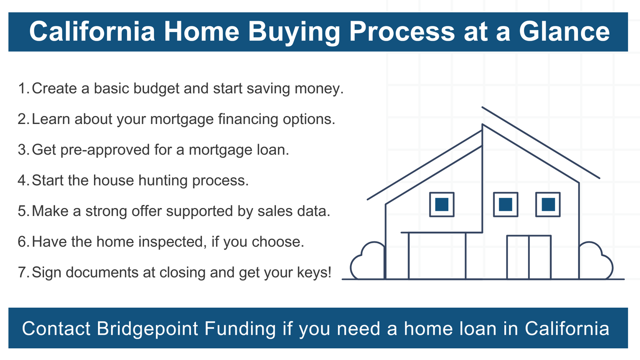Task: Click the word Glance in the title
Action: (564, 32)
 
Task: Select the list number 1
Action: (23, 88)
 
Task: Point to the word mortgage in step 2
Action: (182, 120)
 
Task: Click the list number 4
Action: (23, 180)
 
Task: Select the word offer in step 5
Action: (146, 211)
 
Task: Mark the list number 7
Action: (23, 272)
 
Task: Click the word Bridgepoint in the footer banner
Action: (147, 329)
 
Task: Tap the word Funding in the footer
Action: (240, 329)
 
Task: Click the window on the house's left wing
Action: (442, 204)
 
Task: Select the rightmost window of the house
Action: (548, 204)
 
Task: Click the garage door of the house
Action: (437, 256)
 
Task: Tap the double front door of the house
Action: (529, 257)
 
